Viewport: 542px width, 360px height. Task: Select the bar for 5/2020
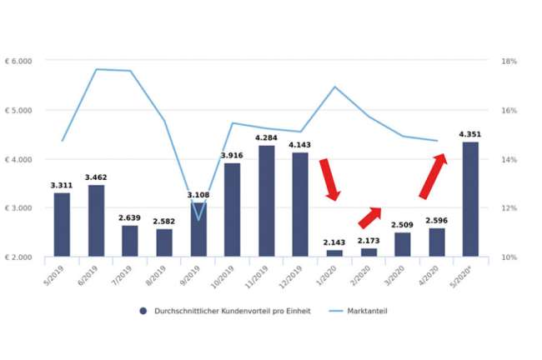[470, 199]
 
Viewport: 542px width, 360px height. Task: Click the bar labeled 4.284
[266, 201]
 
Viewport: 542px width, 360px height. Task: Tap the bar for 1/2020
[334, 252]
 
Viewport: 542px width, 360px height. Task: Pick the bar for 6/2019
[96, 220]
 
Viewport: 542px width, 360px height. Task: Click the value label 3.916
[232, 155]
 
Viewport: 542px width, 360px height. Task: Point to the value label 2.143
[334, 242]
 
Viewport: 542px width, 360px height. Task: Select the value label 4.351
[470, 133]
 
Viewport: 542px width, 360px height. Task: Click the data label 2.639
[130, 217]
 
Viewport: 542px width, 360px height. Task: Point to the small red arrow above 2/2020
[369, 217]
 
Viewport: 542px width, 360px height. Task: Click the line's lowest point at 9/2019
[198, 219]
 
